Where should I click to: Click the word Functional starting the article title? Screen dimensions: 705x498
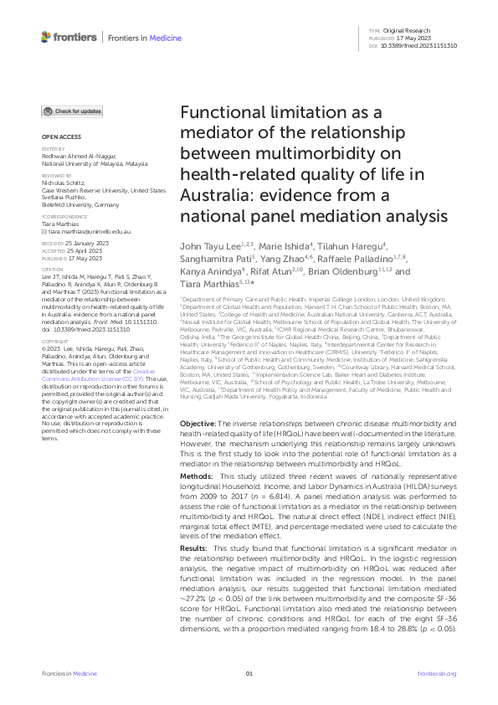tap(222, 115)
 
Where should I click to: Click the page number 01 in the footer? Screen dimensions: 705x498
tap(249, 674)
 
